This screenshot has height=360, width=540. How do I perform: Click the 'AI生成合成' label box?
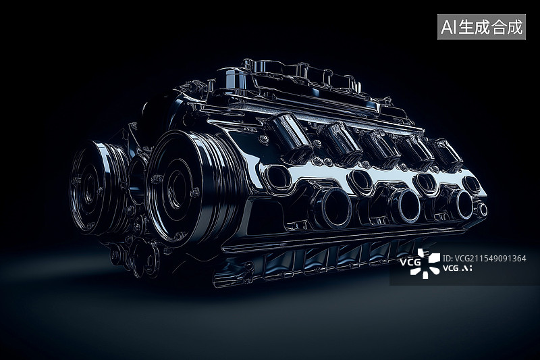click(481, 27)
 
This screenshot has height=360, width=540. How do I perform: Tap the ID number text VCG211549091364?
click(485, 259)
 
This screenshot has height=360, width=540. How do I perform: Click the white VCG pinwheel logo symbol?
click(425, 263)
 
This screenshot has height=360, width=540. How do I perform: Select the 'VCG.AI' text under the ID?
click(458, 268)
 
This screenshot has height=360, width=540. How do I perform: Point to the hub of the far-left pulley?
click(90, 188)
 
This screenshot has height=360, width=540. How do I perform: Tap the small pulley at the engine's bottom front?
click(144, 259)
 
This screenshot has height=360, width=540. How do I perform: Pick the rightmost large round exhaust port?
click(462, 205)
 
